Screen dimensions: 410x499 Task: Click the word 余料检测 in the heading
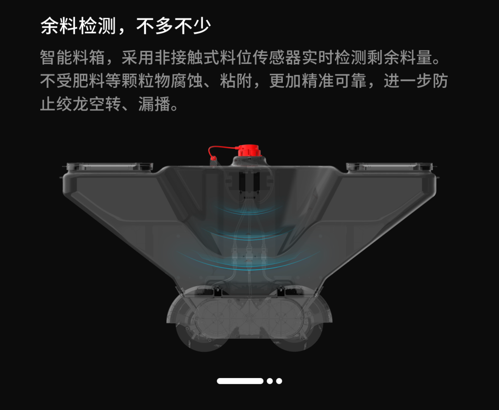(78, 26)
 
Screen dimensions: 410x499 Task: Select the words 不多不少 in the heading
(174, 26)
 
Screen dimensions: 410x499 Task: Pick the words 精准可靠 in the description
(332, 81)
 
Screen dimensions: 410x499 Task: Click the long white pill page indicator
(240, 381)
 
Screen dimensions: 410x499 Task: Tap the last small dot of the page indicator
(279, 381)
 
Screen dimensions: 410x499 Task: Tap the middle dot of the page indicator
(269, 381)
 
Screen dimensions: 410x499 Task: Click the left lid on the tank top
(109, 166)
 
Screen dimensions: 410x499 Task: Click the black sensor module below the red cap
(249, 182)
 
